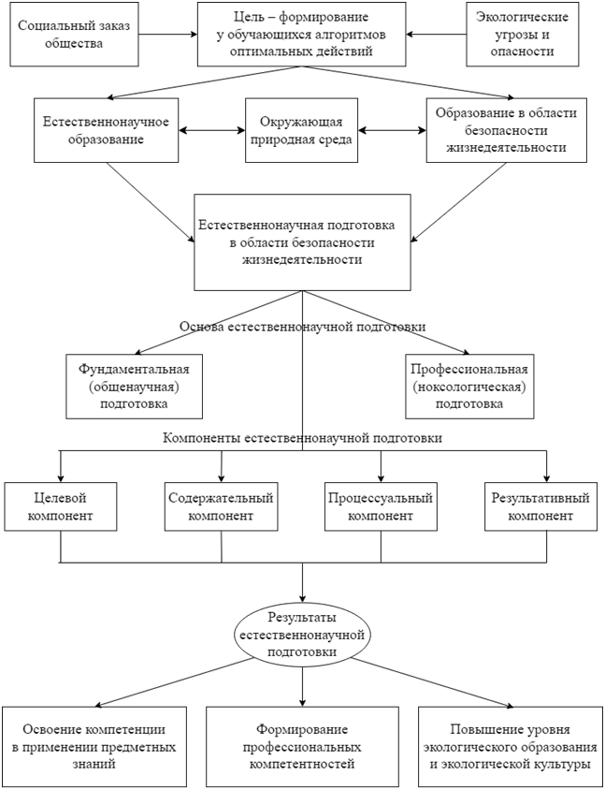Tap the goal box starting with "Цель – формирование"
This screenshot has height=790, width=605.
(x=302, y=35)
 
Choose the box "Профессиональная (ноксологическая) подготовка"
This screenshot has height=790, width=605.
(x=468, y=386)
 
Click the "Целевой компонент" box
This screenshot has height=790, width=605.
(x=60, y=505)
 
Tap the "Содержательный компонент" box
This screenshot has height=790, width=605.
(x=221, y=505)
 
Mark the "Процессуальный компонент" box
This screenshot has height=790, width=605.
(x=381, y=505)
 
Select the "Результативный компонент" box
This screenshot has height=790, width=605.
(x=541, y=505)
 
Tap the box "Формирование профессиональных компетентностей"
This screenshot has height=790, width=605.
(x=301, y=746)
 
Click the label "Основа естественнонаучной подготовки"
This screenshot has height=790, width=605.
(x=302, y=328)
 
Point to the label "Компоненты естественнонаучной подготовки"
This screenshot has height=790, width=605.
(x=302, y=437)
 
